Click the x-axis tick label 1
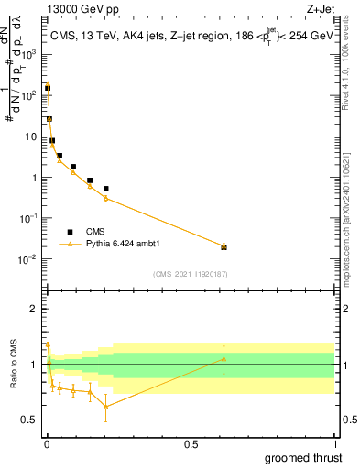click(333, 443)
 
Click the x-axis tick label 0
click(47, 443)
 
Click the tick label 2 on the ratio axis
click(35, 309)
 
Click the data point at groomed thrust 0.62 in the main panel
click(224, 246)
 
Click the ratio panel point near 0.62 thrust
click(224, 359)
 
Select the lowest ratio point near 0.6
click(106, 407)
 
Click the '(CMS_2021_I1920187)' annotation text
click(191, 275)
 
